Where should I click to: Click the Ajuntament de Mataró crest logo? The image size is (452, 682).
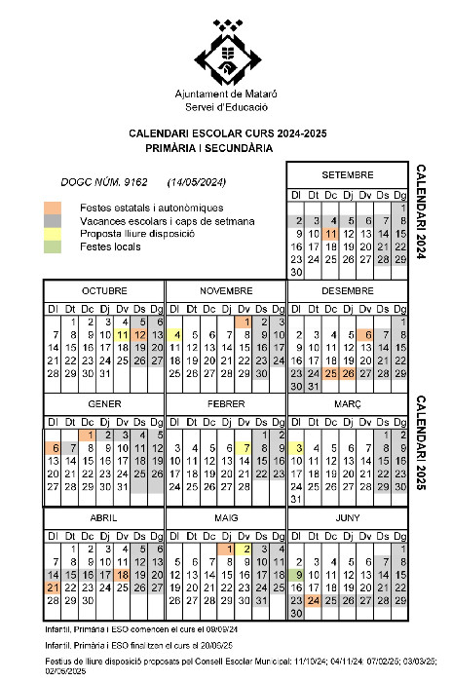(x=226, y=53)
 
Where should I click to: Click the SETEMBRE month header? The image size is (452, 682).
(x=348, y=174)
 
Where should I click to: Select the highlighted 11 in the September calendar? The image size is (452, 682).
(x=332, y=234)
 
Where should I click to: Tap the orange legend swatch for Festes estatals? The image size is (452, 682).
(x=53, y=208)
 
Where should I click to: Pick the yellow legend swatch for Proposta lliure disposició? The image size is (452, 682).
(x=53, y=234)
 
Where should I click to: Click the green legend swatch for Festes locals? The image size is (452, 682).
(x=53, y=246)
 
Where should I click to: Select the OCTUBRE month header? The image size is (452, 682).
(x=103, y=290)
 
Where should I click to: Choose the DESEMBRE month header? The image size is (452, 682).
(x=348, y=290)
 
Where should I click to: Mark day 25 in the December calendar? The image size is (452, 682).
(x=332, y=373)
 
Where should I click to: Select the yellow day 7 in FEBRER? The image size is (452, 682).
(x=247, y=447)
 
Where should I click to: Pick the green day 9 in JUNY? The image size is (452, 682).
(x=296, y=575)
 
